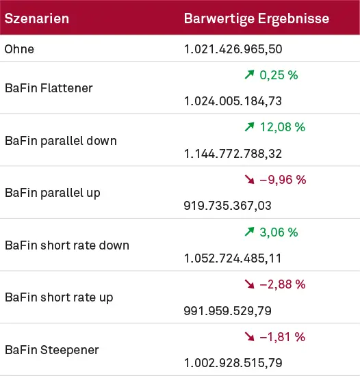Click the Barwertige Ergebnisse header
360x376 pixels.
pos(257,18)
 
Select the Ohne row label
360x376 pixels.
pos(19,49)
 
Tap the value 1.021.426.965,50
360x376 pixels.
pos(233,49)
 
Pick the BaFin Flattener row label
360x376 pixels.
pos(49,88)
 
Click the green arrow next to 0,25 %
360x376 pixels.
pos(249,75)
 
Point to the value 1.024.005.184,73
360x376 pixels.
pos(233,101)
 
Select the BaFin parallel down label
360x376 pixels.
pos(60,140)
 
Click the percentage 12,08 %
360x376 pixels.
pos(283,127)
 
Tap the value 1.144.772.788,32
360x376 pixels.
pos(233,154)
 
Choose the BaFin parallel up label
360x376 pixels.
pos(53,193)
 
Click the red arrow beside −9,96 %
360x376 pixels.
pos(249,180)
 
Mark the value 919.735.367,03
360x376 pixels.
pos(228,206)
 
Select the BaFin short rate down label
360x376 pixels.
pos(66,245)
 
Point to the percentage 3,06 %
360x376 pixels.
pos(279,232)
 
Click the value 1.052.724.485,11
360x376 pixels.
pos(233,258)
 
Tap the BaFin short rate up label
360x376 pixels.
pos(59,297)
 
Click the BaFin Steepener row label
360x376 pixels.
pos(51,350)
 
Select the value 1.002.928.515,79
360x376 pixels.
pos(233,363)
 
